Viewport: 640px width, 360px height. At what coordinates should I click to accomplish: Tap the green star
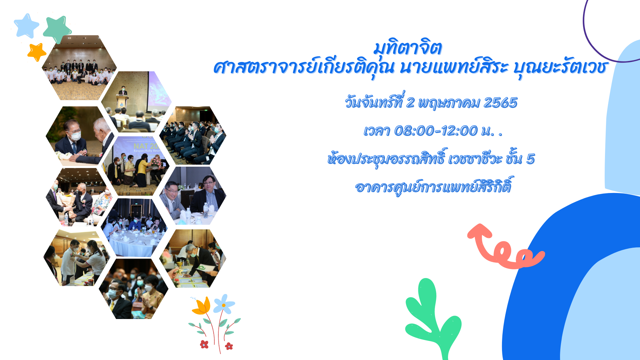coord(57,29)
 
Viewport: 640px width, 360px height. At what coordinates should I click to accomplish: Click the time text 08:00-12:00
coord(435,131)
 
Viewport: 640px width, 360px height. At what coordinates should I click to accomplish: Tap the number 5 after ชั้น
coord(530,159)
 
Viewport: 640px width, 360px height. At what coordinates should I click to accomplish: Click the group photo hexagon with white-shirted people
coord(79,68)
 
